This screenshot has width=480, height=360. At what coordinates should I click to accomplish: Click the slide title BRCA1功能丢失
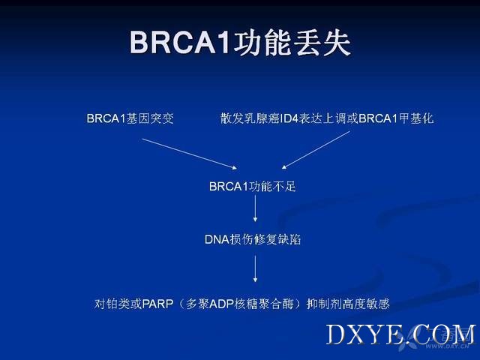point(240,43)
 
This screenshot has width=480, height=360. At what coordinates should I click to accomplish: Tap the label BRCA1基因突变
point(130,118)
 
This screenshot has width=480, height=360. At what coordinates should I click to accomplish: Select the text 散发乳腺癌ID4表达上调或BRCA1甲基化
point(327,118)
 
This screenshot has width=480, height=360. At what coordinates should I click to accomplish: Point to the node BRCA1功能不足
point(253,187)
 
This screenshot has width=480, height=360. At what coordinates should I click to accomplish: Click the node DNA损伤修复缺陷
point(253,239)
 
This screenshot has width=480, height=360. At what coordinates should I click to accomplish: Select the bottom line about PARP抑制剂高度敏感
point(241,304)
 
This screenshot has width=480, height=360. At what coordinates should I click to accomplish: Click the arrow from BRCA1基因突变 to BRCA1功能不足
point(190,154)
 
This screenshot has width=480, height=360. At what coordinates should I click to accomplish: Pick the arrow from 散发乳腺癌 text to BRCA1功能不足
point(316,150)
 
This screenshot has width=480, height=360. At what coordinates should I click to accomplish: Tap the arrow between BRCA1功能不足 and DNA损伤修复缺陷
point(255,208)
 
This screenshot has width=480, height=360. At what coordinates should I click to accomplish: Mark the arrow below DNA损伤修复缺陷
point(255,269)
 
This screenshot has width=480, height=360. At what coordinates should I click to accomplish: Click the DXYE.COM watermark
point(400,335)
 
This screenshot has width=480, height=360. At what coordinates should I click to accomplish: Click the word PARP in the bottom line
point(158,304)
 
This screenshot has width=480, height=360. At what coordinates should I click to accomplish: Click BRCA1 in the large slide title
point(180,43)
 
